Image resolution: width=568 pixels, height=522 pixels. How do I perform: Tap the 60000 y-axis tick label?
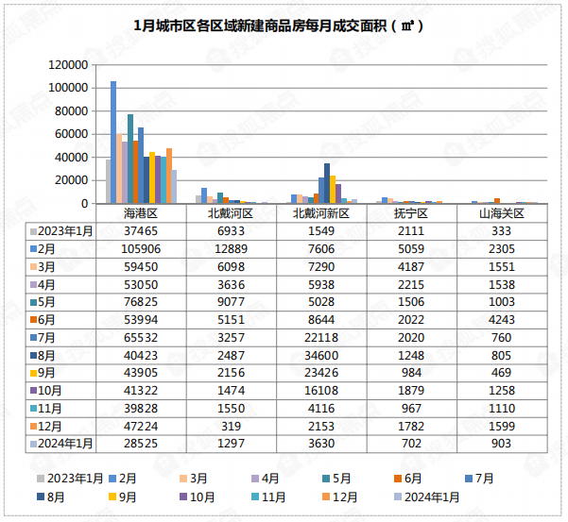pyautogui.click(x=72, y=134)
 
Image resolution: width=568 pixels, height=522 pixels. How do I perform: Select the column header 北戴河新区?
pyautogui.click(x=321, y=214)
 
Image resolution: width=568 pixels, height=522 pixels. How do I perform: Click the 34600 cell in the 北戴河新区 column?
pyautogui.click(x=322, y=354)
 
